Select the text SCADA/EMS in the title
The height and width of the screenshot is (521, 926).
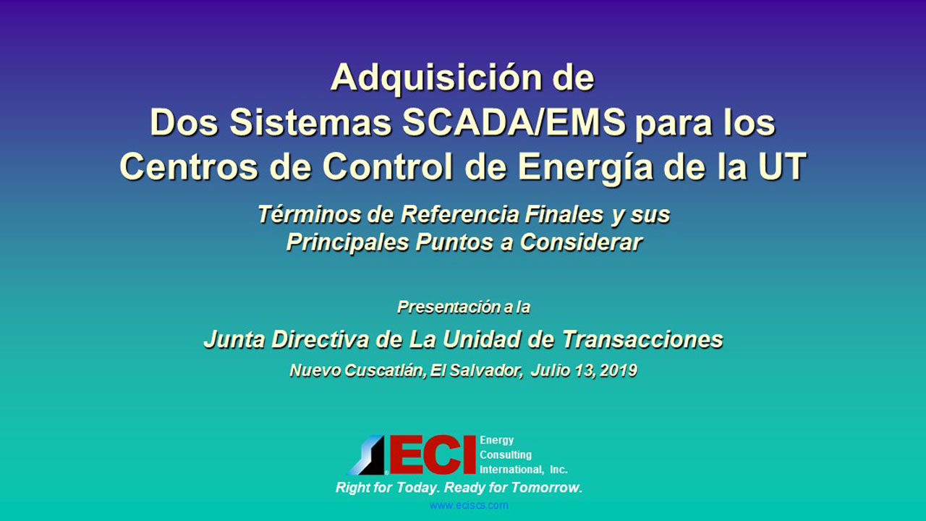pyautogui.click(x=514, y=123)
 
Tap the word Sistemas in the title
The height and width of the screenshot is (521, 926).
pyautogui.click(x=310, y=123)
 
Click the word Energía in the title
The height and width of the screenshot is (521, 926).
pyautogui.click(x=585, y=167)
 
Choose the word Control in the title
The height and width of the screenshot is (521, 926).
pyautogui.click(x=387, y=166)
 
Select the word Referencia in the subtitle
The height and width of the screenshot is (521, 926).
pyautogui.click(x=459, y=214)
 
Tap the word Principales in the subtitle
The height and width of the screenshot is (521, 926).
pyautogui.click(x=347, y=242)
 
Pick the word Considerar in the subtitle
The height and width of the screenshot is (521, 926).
pyautogui.click(x=581, y=242)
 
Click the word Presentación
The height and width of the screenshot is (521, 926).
pyautogui.click(x=449, y=307)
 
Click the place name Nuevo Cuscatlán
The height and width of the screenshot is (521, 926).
pyautogui.click(x=357, y=370)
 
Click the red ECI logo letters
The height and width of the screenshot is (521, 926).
pyautogui.click(x=433, y=454)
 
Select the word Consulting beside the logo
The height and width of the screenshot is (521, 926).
pyautogui.click(x=506, y=455)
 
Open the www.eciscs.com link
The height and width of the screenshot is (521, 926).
pyautogui.click(x=469, y=505)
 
